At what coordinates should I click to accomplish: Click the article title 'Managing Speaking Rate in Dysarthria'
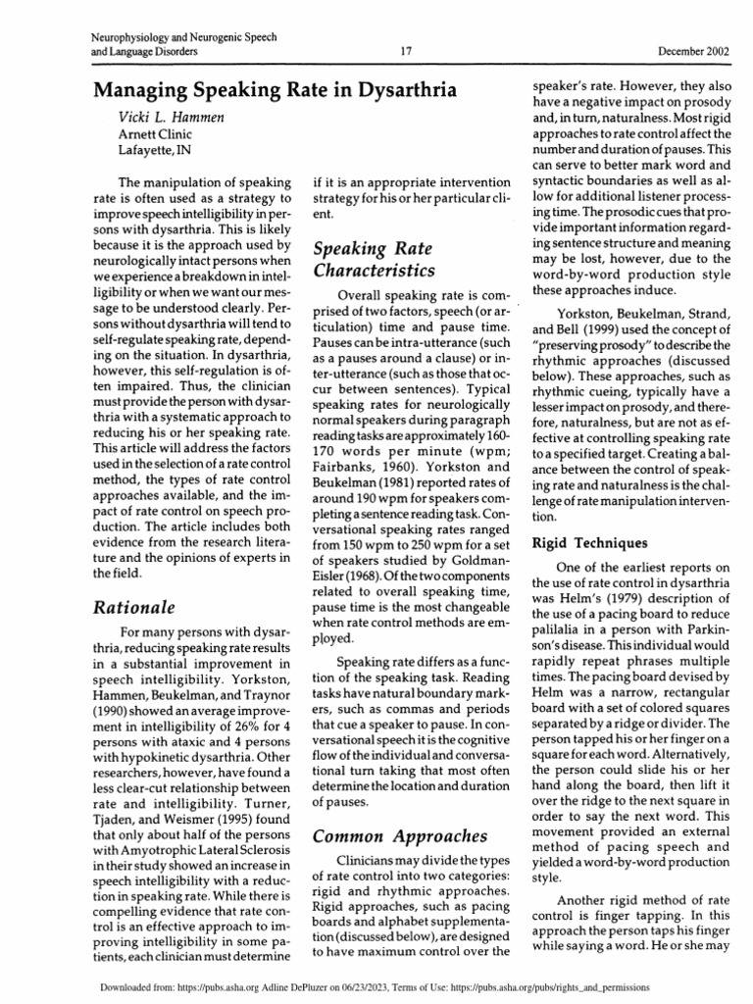276,91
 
